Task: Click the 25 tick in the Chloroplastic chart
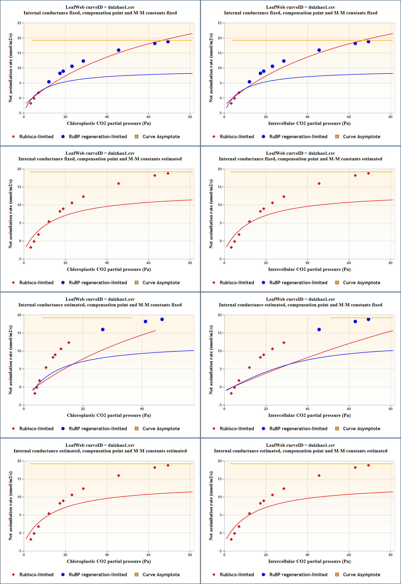pos(19,23)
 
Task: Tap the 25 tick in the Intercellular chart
pos(220,23)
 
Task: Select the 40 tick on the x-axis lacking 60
pos(142,409)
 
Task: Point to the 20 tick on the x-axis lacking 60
pos(83,409)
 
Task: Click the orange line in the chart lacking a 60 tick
pos(87,318)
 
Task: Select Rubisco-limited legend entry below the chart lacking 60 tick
pos(36,429)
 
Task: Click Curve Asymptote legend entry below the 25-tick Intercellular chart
pos(361,137)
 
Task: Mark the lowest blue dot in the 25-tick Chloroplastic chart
pos(49,82)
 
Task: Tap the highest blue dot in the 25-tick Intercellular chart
pos(368,42)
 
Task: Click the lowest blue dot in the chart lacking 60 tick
pos(103,329)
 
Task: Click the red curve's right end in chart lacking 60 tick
pos(156,331)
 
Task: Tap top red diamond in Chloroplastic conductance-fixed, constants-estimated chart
pos(168,173)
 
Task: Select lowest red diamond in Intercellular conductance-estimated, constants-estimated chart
pos(231,539)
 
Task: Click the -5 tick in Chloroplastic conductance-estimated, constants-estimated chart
pos(19,551)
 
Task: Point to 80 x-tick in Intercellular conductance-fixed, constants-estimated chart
pos(391,263)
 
